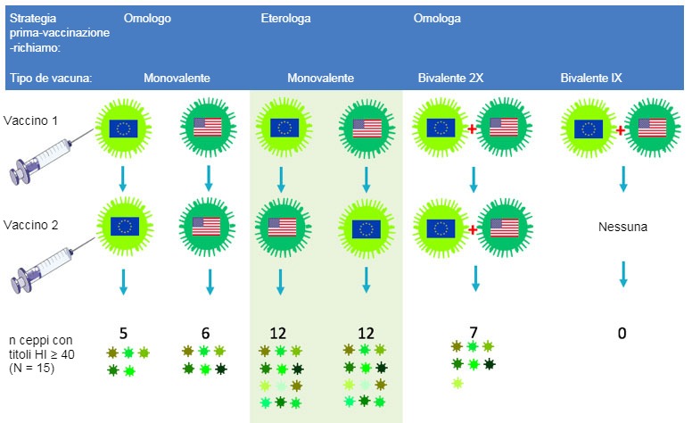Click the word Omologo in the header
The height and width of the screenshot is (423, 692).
tap(147, 17)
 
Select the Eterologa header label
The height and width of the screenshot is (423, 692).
tap(285, 17)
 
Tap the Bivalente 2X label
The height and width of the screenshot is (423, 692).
tap(450, 78)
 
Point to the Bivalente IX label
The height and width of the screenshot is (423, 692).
tap(590, 78)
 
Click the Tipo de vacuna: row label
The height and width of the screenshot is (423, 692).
tap(51, 78)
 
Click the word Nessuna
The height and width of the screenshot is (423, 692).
tap(622, 228)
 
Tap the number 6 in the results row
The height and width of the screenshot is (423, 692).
tap(206, 333)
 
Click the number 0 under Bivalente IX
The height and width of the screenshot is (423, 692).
tap(622, 333)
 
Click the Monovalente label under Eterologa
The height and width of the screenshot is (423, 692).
tap(320, 78)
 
